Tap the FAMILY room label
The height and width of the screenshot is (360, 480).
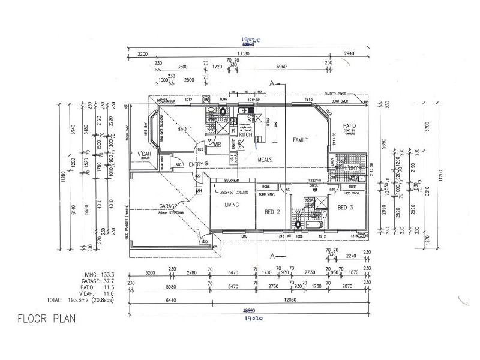[300, 140]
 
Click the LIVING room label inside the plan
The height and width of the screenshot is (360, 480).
[232, 205]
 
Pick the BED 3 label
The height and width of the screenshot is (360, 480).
[344, 208]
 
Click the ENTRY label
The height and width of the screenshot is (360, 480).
[195, 164]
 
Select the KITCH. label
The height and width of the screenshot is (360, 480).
[246, 135]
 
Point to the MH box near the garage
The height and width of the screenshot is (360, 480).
[199, 191]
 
